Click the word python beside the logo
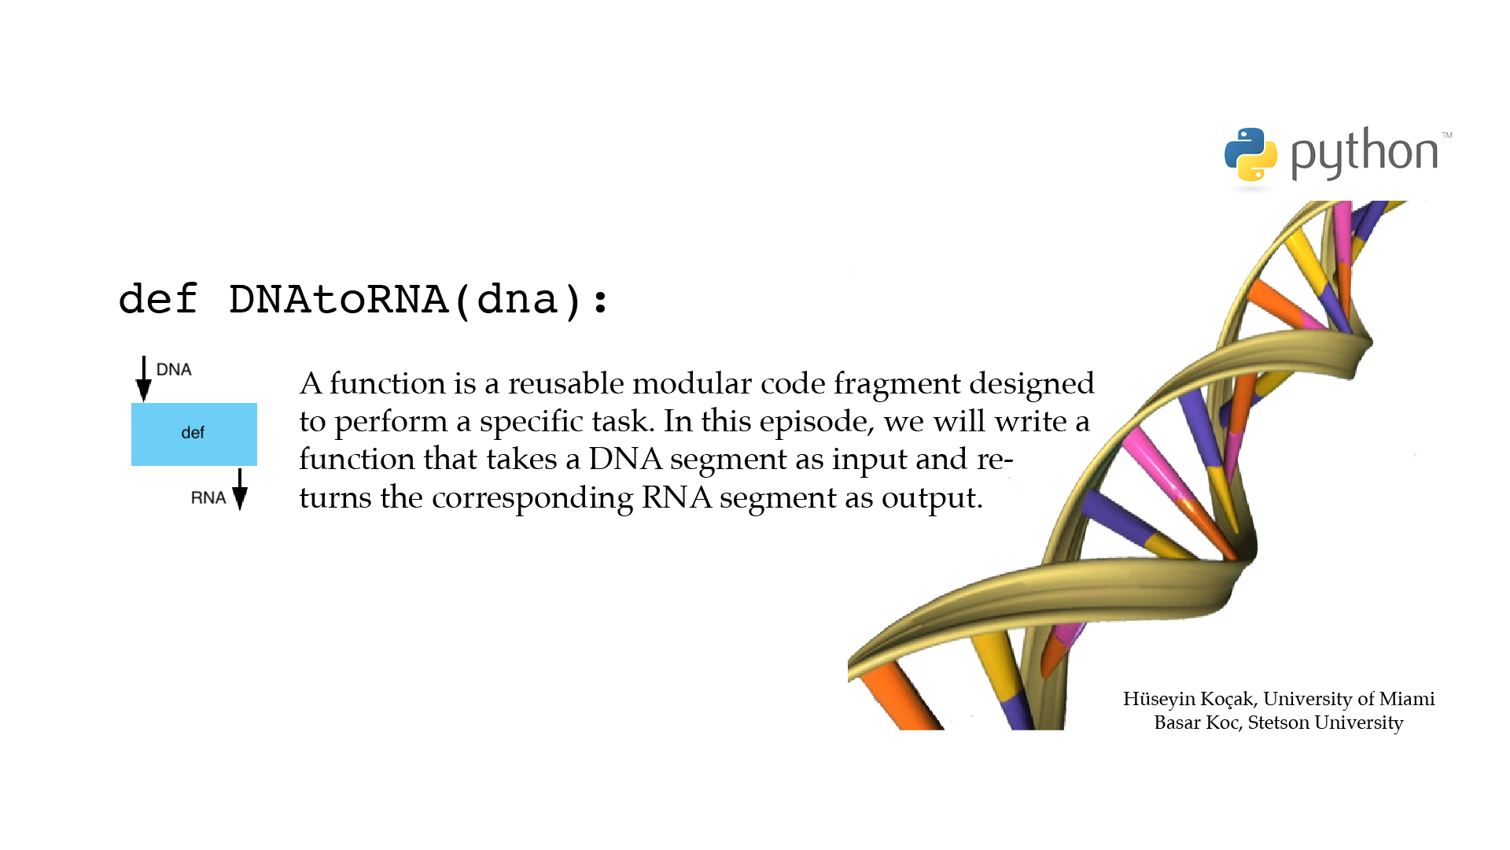1365,153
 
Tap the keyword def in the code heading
157,299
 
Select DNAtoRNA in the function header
338,300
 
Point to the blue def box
194,434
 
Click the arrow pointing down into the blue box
143,379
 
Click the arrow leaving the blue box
240,489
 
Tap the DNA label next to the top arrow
174,369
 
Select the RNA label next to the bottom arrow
208,497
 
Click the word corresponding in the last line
532,498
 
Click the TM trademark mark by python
1447,135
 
